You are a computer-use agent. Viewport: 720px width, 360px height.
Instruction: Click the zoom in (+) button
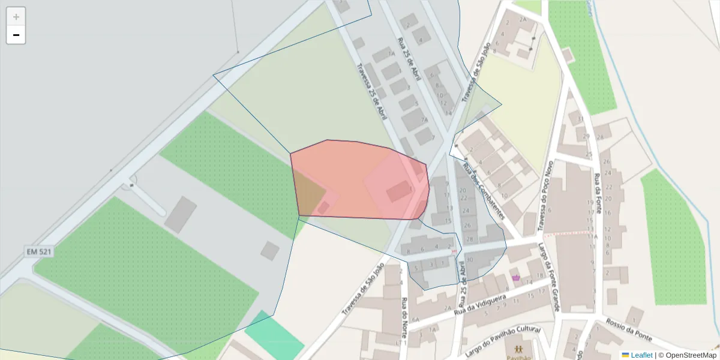click(16, 17)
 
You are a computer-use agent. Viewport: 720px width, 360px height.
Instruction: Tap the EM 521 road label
click(39, 251)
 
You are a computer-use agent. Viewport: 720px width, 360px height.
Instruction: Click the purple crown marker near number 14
click(515, 277)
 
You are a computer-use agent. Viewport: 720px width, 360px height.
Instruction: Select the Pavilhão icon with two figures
click(518, 349)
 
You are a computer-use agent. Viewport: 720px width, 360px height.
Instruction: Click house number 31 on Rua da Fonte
click(581, 119)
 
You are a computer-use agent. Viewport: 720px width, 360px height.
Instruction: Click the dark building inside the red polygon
click(398, 192)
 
